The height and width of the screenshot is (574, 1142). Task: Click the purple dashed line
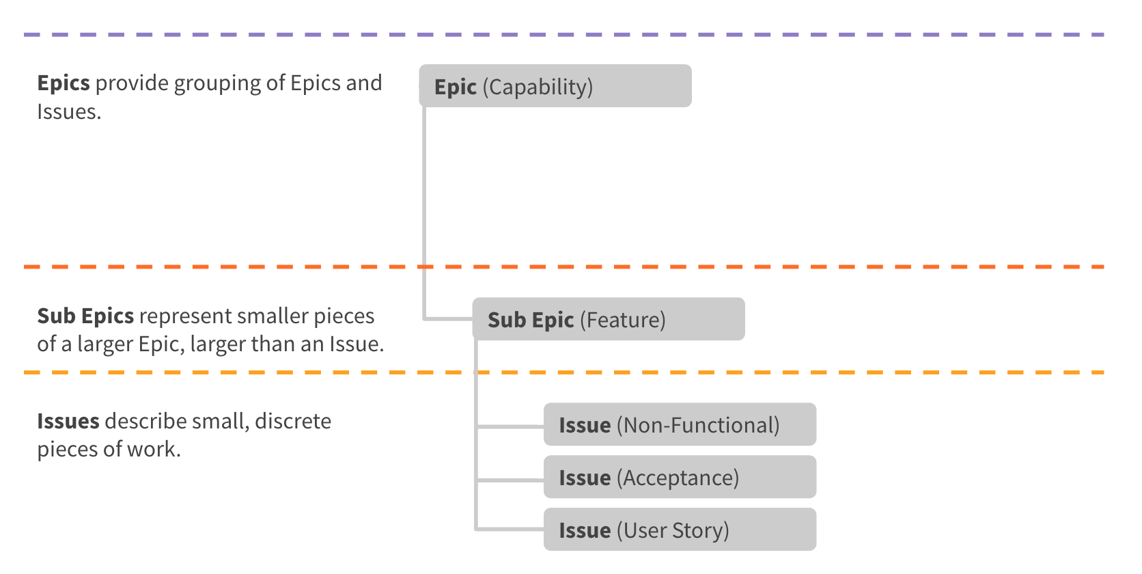[x=564, y=34]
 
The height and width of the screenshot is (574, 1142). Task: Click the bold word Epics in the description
[x=64, y=83]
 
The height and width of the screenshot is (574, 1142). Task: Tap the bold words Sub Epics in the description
[x=85, y=316]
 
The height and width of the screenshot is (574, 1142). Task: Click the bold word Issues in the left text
[x=68, y=421]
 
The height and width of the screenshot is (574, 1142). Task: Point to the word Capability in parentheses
[x=538, y=87]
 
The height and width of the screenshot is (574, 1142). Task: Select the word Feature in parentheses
[x=623, y=320]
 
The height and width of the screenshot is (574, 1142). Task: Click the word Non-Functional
[x=698, y=425]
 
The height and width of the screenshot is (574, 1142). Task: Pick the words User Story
[x=673, y=530]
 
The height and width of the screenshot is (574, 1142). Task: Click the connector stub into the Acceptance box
[x=510, y=480]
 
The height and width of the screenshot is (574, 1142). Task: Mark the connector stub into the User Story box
[x=510, y=528]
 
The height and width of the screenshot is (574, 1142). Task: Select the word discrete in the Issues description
[x=293, y=421]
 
